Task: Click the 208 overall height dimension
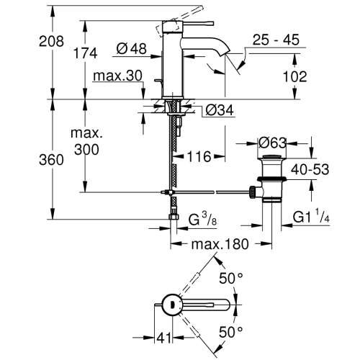tap(52, 41)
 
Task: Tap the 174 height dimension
tap(86, 53)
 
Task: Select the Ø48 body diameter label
tap(132, 49)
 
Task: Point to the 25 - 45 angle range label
tap(276, 40)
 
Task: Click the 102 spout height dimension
tap(295, 76)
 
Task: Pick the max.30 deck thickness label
tap(117, 76)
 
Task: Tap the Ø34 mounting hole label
tap(220, 110)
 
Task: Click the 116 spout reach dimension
tap(199, 157)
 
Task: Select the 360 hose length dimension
tap(51, 160)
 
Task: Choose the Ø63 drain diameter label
tap(272, 143)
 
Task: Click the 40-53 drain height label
tap(310, 169)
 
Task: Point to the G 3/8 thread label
tap(203, 219)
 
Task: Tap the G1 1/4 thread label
tap(311, 216)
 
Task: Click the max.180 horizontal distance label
tap(220, 244)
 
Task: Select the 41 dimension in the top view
tap(164, 338)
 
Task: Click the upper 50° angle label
tap(230, 279)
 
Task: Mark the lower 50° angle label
tap(230, 333)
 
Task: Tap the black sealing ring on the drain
tap(271, 179)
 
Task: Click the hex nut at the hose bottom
tap(174, 217)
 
